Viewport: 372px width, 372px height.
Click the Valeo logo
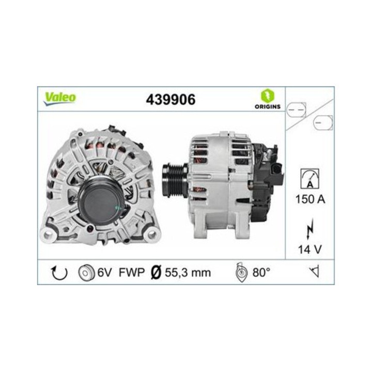(60, 98)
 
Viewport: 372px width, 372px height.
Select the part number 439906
(171, 100)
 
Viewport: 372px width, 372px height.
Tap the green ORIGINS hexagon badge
(268, 96)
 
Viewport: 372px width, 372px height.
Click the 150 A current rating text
(310, 199)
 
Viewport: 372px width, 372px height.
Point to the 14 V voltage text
(310, 250)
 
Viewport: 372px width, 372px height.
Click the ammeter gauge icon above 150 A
(310, 179)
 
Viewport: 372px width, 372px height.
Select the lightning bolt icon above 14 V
(310, 229)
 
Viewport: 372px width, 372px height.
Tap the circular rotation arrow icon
(59, 273)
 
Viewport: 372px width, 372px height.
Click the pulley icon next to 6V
(85, 273)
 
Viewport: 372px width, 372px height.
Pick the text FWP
(131, 272)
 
